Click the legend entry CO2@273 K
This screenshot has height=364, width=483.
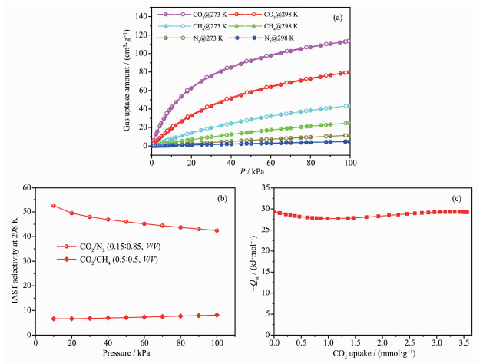coord(191,15)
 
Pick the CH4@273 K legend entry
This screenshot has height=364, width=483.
coord(191,26)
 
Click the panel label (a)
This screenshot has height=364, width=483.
coord(335,15)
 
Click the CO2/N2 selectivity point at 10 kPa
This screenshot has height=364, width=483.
coord(53,206)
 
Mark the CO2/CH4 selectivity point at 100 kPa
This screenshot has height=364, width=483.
coord(217,315)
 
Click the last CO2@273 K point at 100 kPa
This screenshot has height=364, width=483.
coord(350,41)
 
